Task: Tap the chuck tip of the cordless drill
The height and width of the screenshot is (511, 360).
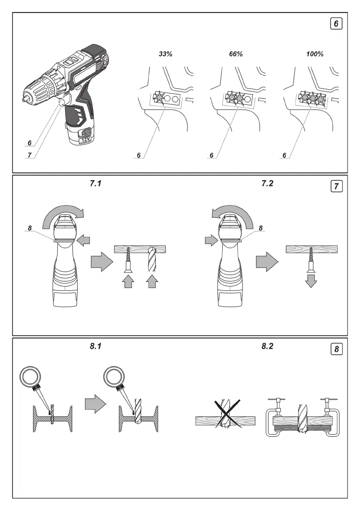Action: pos(24,99)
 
